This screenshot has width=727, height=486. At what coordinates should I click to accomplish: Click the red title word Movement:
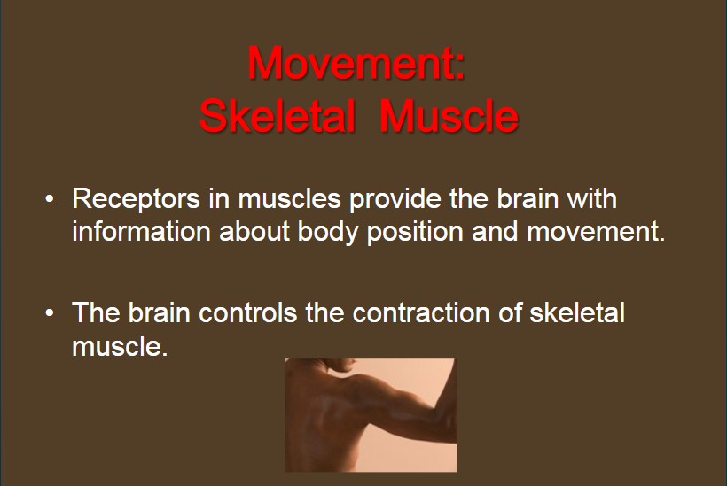click(x=356, y=63)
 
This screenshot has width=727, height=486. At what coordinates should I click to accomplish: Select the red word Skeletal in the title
click(x=278, y=115)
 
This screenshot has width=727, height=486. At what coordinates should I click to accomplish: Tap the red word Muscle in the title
click(x=449, y=115)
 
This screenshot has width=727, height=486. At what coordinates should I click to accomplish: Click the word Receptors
click(x=136, y=199)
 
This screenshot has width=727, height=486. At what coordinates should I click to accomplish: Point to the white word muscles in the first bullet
click(x=289, y=198)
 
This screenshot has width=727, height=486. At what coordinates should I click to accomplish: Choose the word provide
click(x=395, y=199)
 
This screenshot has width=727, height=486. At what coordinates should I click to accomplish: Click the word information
click(x=142, y=231)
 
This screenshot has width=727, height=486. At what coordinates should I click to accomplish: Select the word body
click(x=328, y=232)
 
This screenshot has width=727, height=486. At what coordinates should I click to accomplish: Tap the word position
click(x=415, y=232)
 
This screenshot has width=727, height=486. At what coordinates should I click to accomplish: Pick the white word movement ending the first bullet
click(x=596, y=231)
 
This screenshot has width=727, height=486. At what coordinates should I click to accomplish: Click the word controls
click(x=248, y=312)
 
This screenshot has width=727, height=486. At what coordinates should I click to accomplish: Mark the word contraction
click(x=421, y=312)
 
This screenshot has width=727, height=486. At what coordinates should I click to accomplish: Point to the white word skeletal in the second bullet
click(x=577, y=312)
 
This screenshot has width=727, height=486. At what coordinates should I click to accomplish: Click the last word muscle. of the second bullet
click(x=120, y=346)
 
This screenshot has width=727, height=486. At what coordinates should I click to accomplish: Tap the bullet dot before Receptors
click(x=50, y=199)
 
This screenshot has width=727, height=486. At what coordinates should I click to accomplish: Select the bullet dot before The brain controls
click(x=50, y=313)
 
